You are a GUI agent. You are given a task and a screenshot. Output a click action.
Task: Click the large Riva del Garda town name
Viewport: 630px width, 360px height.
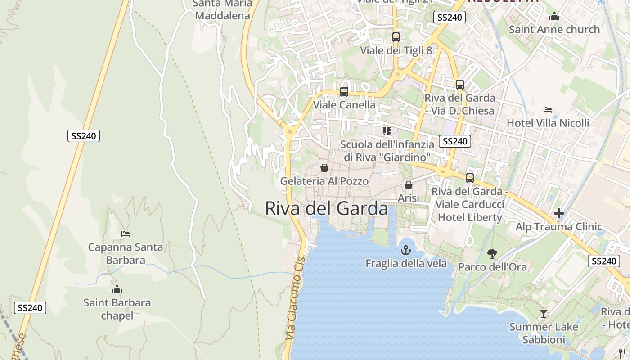[x=326, y=209]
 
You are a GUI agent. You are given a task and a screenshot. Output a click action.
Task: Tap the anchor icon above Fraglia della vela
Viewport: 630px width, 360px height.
[x=406, y=250]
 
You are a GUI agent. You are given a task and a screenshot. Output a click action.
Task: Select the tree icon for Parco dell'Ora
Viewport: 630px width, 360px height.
[x=492, y=254]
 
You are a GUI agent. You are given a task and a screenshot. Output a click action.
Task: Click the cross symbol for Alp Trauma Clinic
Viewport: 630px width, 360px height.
[x=559, y=213]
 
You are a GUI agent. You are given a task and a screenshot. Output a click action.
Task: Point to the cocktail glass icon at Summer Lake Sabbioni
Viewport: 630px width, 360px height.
[x=544, y=313]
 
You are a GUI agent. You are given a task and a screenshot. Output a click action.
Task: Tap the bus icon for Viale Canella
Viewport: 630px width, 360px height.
[x=344, y=92]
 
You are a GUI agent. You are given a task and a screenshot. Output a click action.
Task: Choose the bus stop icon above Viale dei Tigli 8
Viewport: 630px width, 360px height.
[x=396, y=37]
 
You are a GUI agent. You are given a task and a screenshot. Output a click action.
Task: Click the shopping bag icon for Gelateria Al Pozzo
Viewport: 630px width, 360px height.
[x=324, y=168]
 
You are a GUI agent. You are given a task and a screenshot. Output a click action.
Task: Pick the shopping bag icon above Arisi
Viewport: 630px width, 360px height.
[x=409, y=185]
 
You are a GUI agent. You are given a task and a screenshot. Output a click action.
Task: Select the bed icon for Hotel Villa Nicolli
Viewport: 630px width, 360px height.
[x=548, y=110]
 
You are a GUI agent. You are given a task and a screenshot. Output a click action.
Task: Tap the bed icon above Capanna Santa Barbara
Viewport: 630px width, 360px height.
[x=126, y=234]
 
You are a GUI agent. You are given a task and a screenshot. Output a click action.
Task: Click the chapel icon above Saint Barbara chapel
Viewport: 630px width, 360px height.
[x=117, y=289]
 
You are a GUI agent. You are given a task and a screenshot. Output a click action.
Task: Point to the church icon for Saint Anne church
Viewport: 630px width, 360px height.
[x=554, y=17]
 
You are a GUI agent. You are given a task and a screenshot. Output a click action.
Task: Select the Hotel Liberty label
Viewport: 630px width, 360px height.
[x=470, y=217]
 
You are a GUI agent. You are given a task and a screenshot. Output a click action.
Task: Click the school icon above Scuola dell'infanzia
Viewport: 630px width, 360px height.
[x=387, y=131]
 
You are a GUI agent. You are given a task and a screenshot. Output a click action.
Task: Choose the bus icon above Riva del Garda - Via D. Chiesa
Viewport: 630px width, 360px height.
[x=459, y=85]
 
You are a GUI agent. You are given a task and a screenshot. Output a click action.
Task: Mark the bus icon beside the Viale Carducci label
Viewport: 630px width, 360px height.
[x=470, y=178]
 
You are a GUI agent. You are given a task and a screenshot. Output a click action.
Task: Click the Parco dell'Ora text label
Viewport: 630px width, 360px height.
[x=492, y=267]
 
